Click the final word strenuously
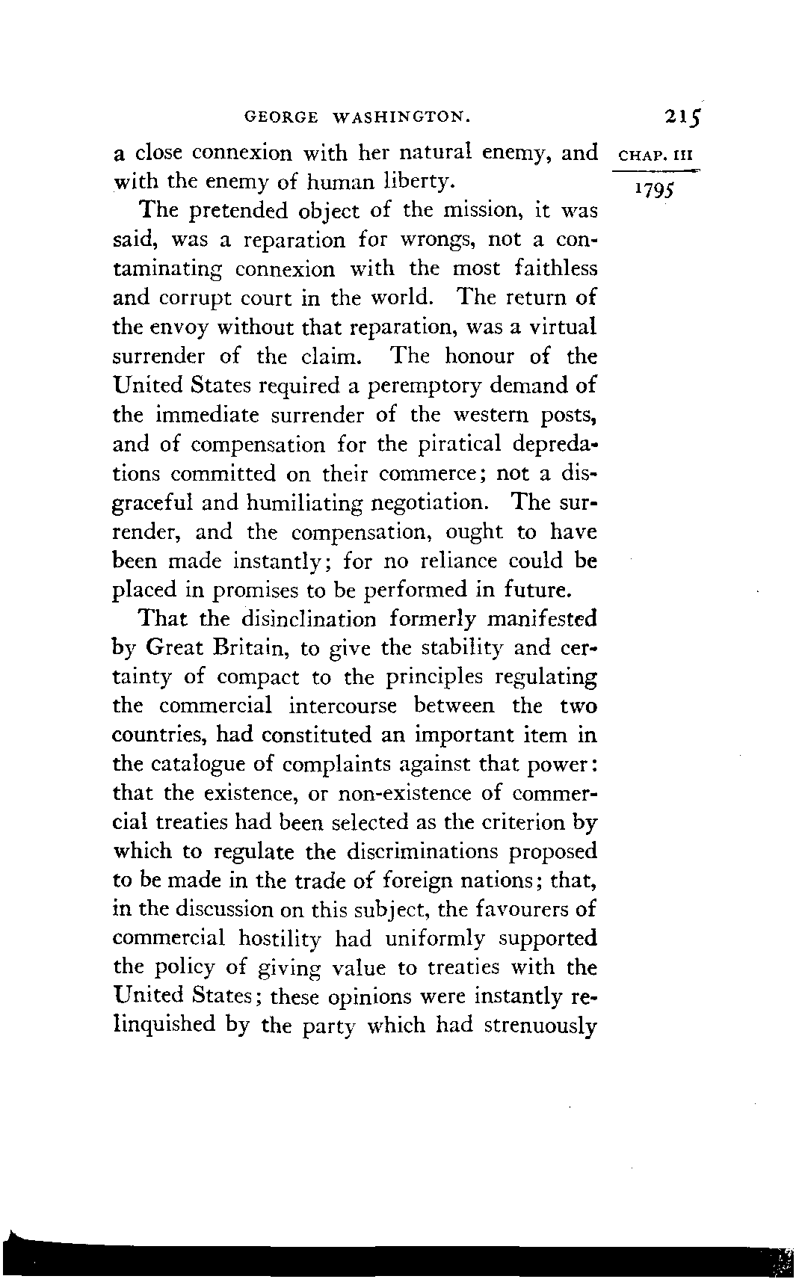coord(540,1026)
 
